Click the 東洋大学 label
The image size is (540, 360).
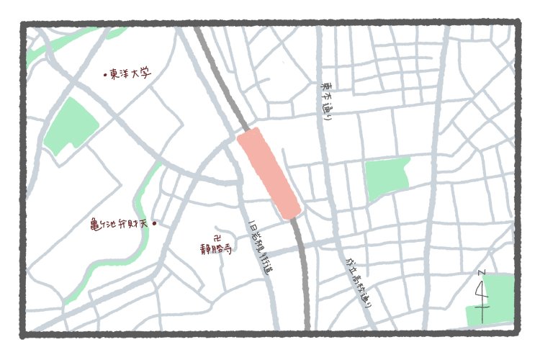(130, 73)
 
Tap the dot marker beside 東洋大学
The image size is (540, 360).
(105, 74)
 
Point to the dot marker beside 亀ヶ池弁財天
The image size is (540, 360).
(154, 224)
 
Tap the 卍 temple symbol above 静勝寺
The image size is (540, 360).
(217, 236)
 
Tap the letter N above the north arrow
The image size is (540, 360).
(481, 273)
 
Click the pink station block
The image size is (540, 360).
(269, 173)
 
